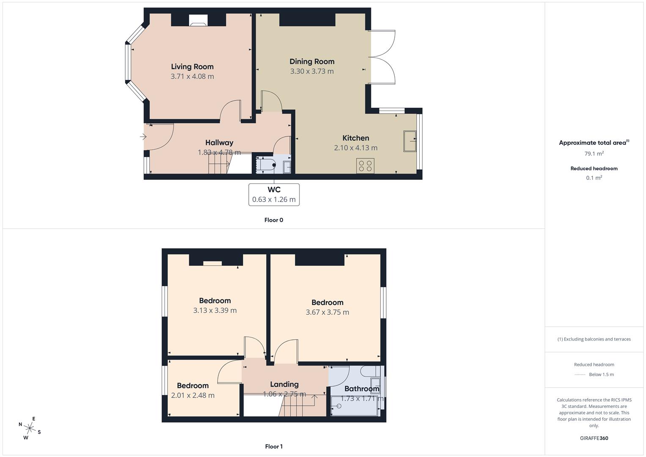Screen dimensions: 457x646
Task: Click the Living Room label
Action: [x=192, y=66]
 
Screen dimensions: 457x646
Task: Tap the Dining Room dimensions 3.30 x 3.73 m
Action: [x=312, y=72]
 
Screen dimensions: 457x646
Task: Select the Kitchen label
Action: [x=356, y=138]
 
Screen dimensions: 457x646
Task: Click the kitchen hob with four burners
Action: [x=365, y=165]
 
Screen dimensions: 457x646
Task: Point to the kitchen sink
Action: [x=410, y=141]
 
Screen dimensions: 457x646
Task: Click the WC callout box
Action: [x=274, y=195]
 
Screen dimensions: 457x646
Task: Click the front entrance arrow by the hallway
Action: [x=143, y=137]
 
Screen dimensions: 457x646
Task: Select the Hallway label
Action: [x=219, y=143]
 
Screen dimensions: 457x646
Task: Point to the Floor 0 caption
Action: [x=274, y=220]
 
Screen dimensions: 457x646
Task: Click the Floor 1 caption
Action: [x=274, y=446]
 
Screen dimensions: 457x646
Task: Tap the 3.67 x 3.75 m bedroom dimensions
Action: [x=327, y=312]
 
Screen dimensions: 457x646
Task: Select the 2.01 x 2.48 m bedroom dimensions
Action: [x=192, y=396]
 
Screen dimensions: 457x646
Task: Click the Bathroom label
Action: [x=362, y=389]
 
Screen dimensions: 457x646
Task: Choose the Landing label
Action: [x=284, y=384]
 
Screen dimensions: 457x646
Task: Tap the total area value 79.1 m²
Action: [x=594, y=154]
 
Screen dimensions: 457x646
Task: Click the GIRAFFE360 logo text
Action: [x=594, y=438]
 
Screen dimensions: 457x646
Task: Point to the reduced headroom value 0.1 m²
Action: [x=594, y=178]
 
